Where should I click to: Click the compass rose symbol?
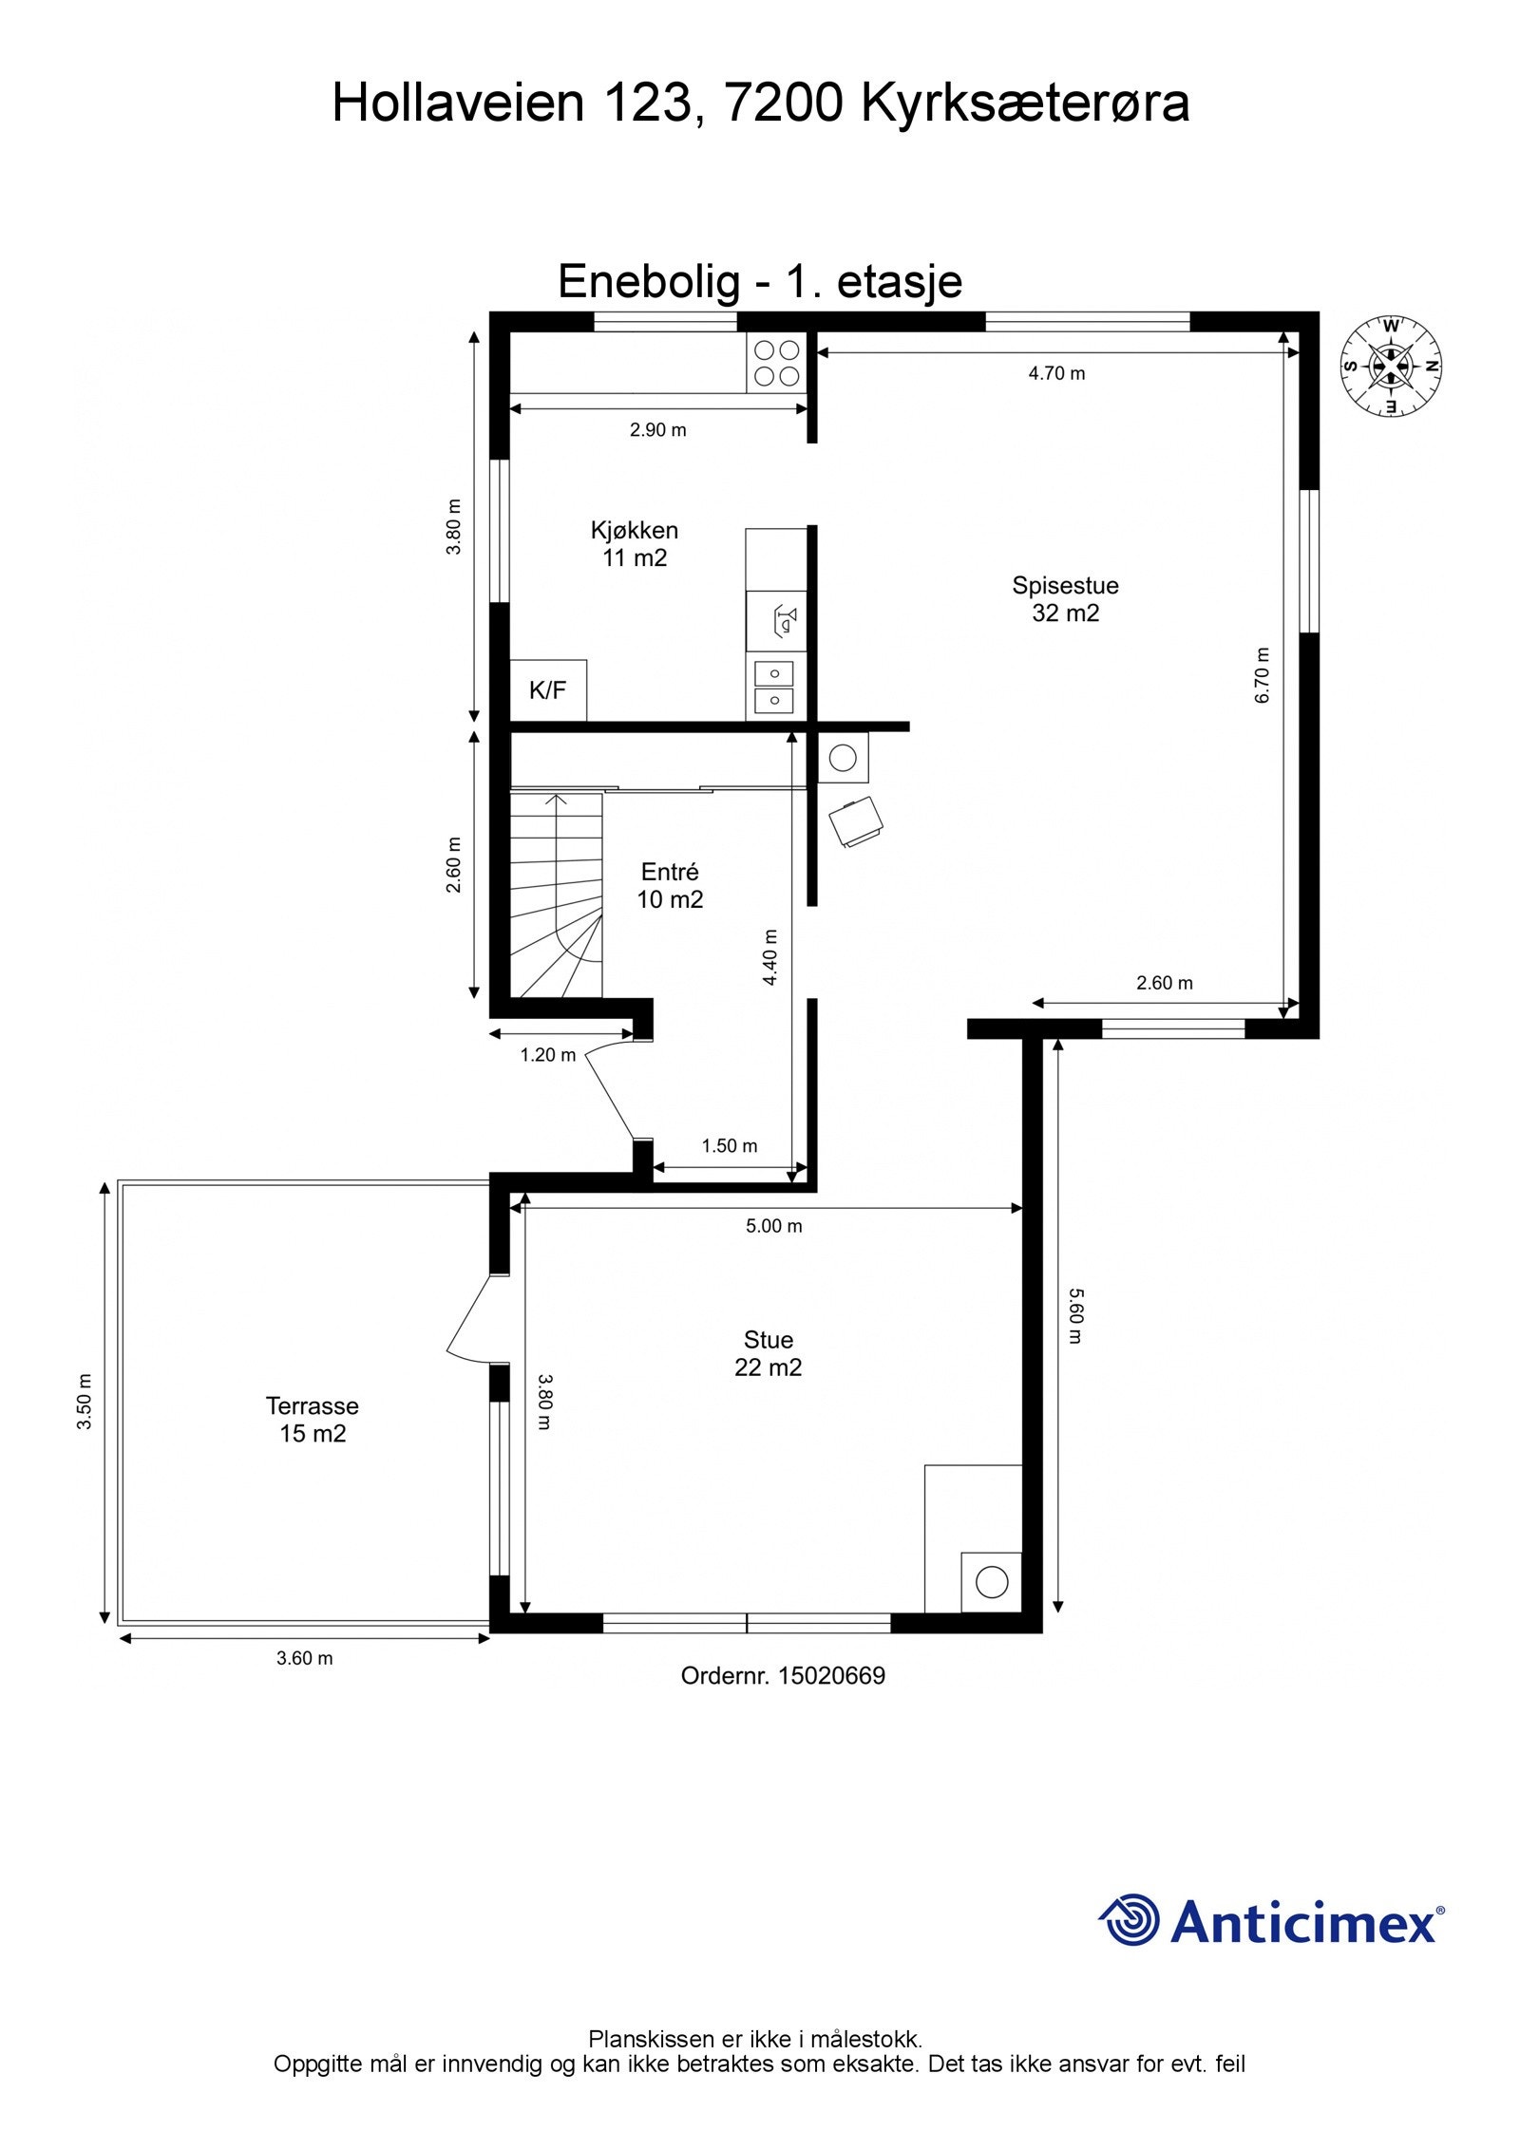coord(1390,366)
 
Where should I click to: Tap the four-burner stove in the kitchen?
coord(776,363)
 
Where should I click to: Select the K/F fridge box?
coord(548,690)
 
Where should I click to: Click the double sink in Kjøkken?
coord(775,688)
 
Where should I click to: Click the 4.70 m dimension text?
coord(1056,373)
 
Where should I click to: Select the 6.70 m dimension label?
coord(1262,675)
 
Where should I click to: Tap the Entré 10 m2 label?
coord(670,885)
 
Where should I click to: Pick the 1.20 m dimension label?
coord(548,1054)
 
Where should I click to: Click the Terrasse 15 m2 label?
coord(313,1419)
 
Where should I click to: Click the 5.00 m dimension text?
coord(773,1226)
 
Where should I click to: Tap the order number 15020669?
coord(831,1676)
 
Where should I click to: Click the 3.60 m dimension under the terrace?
coord(304,1659)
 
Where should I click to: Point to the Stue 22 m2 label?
coord(768,1353)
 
